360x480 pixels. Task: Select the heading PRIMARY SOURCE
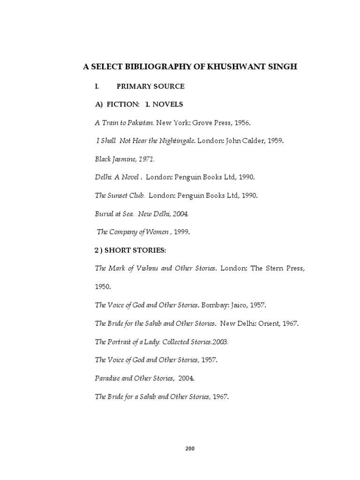coord(150,86)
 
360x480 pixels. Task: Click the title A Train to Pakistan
coord(124,122)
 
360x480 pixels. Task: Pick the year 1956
coord(241,122)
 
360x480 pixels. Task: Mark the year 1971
coord(145,159)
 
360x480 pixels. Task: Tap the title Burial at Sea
coord(114,213)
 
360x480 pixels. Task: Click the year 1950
coord(102,287)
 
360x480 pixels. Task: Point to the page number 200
coord(190,449)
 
